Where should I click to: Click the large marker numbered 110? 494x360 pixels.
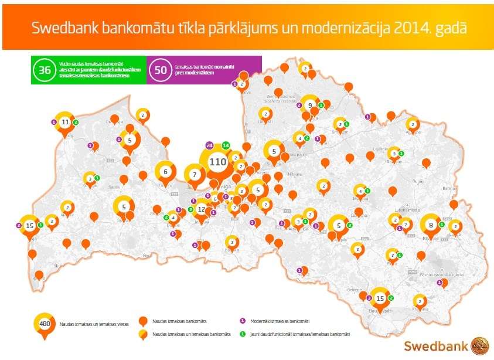pyautogui.click(x=217, y=162)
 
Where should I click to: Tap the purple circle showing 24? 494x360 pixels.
pyautogui.click(x=209, y=145)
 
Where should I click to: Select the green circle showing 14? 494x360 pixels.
pyautogui.click(x=226, y=145)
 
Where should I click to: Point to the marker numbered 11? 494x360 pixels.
pyautogui.click(x=65, y=122)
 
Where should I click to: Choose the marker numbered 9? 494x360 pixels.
pyautogui.click(x=309, y=105)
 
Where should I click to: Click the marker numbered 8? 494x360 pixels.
pyautogui.click(x=431, y=224)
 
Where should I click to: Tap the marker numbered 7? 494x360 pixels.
pyautogui.click(x=195, y=174)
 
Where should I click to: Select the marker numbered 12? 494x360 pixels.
pyautogui.click(x=202, y=209)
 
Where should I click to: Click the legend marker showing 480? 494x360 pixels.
pyautogui.click(x=44, y=324)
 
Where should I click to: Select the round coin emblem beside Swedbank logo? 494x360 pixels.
pyautogui.click(x=480, y=344)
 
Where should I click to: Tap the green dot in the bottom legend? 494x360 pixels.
pyautogui.click(x=242, y=334)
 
